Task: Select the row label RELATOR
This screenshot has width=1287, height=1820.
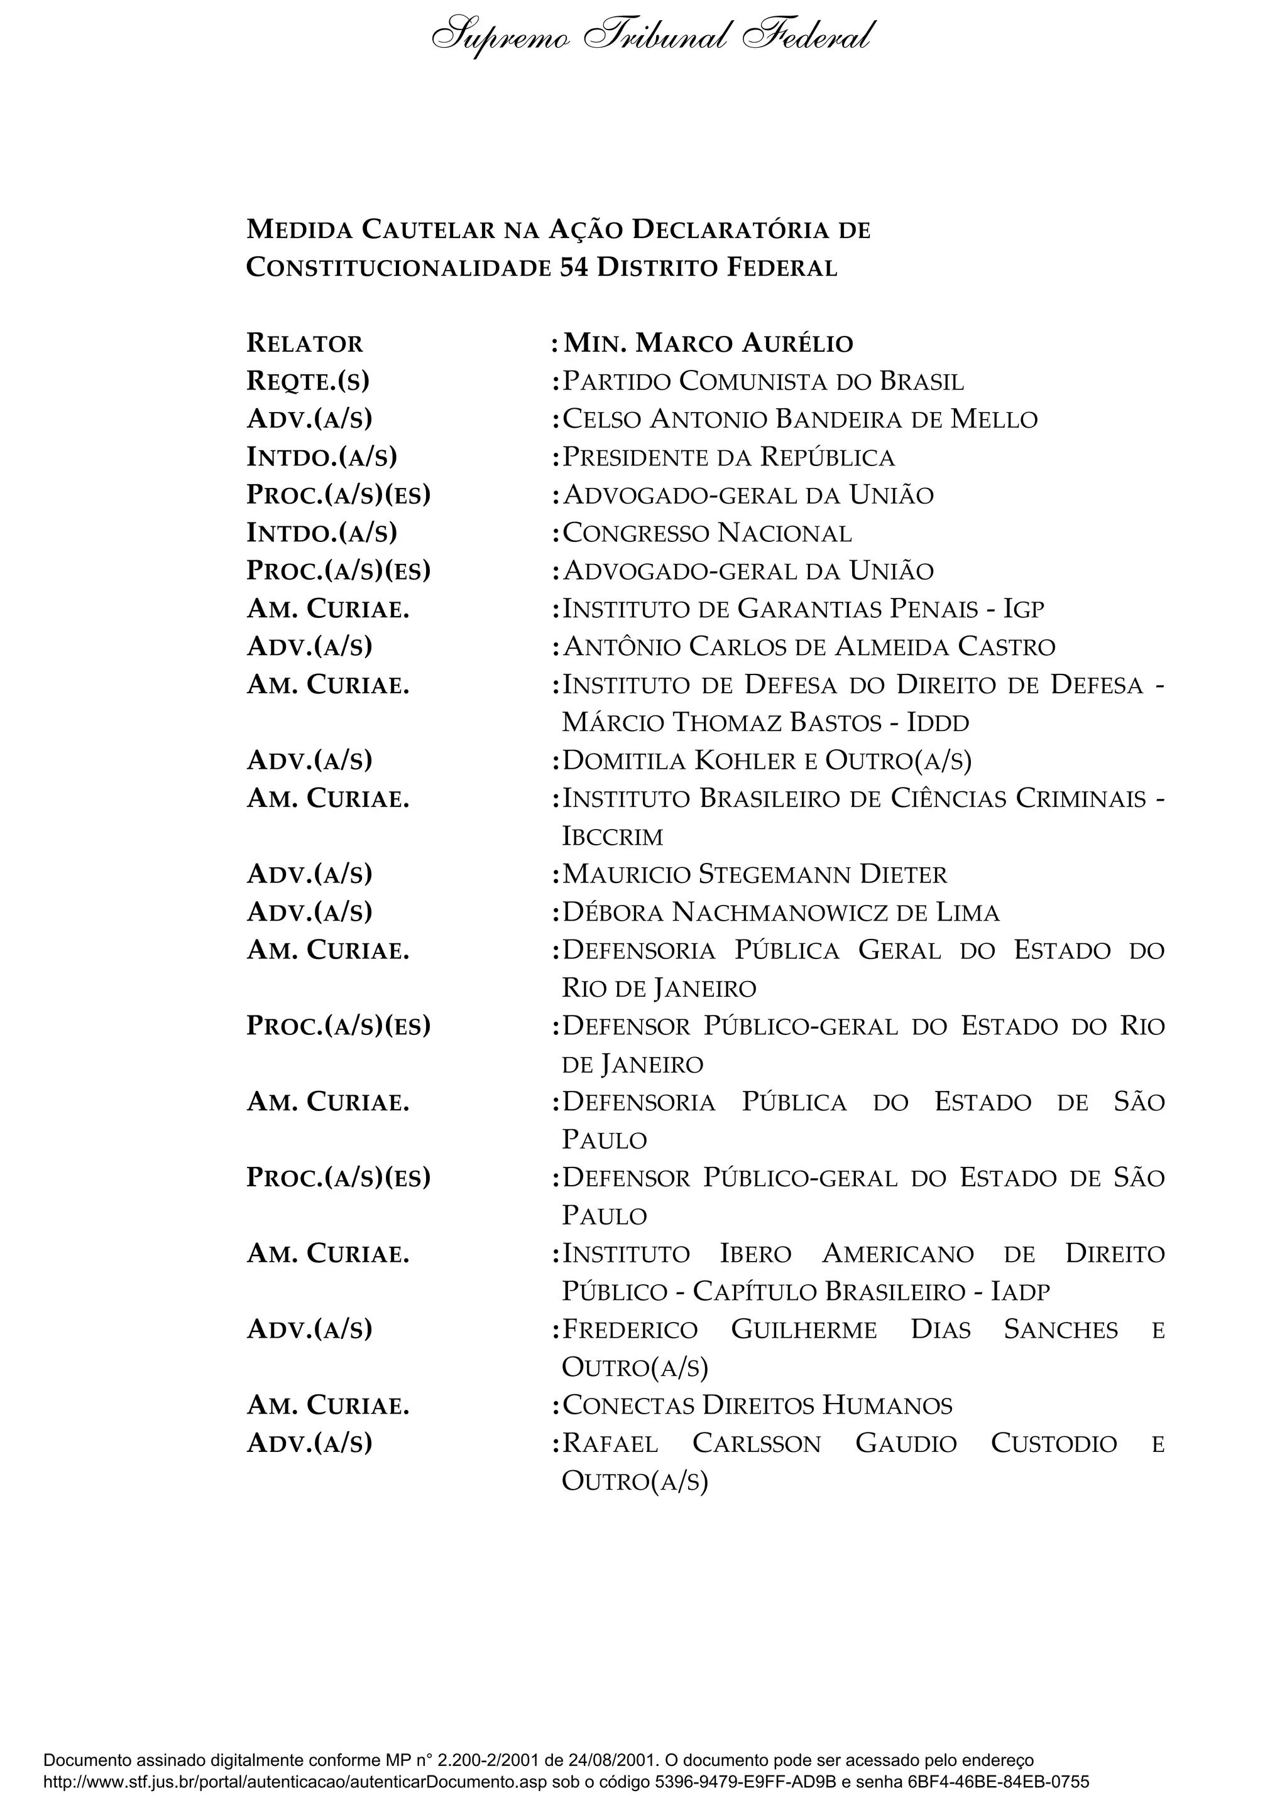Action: (305, 344)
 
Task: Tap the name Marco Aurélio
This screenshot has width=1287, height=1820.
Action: (745, 344)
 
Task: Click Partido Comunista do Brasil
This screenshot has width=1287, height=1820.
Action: (763, 381)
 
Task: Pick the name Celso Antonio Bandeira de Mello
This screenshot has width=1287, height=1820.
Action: (799, 420)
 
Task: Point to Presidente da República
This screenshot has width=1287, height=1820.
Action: (728, 457)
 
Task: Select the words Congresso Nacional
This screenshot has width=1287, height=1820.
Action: (706, 533)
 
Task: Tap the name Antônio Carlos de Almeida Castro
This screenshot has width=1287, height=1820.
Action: (809, 647)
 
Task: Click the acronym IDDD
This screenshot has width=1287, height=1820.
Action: (938, 723)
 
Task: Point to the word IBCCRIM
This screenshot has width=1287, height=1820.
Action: (612, 837)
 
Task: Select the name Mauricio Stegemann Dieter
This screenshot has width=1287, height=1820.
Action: (754, 875)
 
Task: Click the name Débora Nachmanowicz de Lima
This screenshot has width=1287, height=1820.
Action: (780, 913)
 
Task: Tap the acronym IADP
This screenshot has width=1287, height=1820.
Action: (1021, 1292)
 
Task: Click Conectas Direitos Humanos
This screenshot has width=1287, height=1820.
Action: (757, 1406)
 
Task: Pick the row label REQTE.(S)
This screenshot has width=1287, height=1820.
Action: (308, 381)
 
